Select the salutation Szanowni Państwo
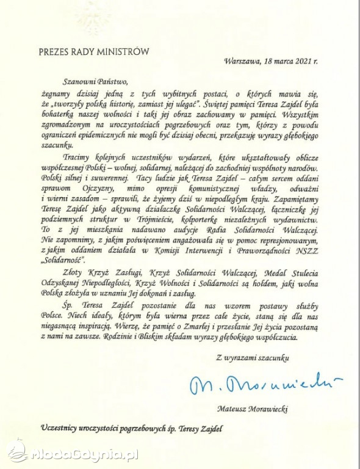[95, 80]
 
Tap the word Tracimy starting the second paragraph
[78, 156]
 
